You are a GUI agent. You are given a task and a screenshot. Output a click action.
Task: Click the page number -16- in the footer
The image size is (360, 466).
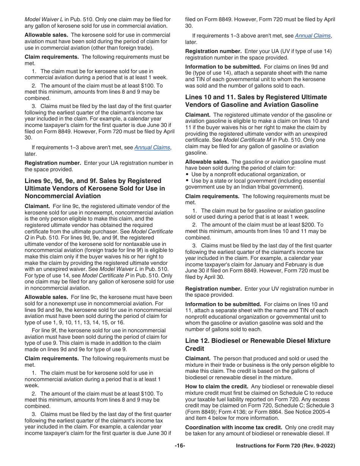[180, 446]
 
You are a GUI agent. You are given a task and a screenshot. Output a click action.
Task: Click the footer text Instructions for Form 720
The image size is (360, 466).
[285, 446]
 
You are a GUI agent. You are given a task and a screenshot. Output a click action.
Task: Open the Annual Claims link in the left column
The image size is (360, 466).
[152, 147]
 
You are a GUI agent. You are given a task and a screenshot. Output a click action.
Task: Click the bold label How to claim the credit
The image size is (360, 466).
[217, 386]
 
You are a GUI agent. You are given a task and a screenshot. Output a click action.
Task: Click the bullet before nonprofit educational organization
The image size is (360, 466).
[187, 174]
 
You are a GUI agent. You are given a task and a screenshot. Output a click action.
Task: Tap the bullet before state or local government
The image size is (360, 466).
[187, 181]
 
